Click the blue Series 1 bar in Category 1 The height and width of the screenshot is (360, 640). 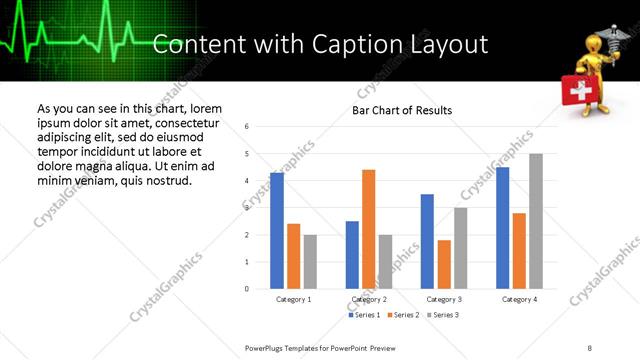pos(277,231)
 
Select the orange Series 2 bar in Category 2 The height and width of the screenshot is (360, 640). pos(368,229)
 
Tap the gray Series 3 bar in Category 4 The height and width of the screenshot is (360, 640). pos(536,221)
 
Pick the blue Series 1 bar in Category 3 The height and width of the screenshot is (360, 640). pos(427,241)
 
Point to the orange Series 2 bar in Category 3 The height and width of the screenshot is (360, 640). pos(444,264)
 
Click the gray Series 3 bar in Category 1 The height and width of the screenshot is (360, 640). pos(310,262)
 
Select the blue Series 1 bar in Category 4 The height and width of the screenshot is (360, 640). pos(502,228)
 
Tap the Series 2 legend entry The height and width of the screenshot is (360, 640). pos(403,315)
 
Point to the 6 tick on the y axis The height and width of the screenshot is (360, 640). pos(247,127)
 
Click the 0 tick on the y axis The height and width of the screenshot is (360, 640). pos(247,289)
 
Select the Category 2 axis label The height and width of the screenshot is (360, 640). pos(368,299)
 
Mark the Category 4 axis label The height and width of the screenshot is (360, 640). pos(519,299)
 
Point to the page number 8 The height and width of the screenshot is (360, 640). pos(589,347)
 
